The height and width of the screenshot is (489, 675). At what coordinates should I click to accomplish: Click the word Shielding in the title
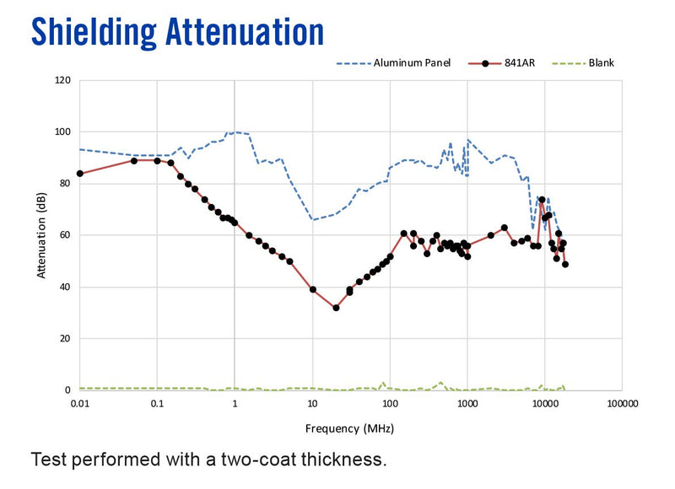94,33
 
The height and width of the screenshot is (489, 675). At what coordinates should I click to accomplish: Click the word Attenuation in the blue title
245,32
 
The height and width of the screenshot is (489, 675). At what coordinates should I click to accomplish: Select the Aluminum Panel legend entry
393,63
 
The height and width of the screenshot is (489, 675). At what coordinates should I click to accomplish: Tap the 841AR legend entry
501,63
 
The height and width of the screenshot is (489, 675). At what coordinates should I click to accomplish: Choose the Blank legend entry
583,63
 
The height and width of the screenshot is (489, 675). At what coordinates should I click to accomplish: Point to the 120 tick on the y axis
62,80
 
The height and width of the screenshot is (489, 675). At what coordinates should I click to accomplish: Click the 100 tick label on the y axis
62,132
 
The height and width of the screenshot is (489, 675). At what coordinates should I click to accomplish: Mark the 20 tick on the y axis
65,339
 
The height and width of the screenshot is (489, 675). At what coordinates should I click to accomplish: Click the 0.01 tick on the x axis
79,404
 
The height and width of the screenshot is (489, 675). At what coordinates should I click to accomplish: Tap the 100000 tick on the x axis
622,404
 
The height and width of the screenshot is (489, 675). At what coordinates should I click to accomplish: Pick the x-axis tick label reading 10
312,404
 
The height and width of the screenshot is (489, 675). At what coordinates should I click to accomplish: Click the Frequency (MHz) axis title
349,429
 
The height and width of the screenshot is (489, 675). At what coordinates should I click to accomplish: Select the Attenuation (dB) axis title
41,235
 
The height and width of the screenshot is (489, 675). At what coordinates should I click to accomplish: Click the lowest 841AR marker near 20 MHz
336,308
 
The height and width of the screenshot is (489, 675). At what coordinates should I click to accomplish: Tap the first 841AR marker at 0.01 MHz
79,174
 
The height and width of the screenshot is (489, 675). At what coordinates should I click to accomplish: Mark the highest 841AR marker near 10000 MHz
542,200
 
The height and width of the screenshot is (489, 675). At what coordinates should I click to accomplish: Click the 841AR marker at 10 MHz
313,290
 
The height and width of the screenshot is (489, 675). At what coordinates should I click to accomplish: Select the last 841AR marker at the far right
565,265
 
